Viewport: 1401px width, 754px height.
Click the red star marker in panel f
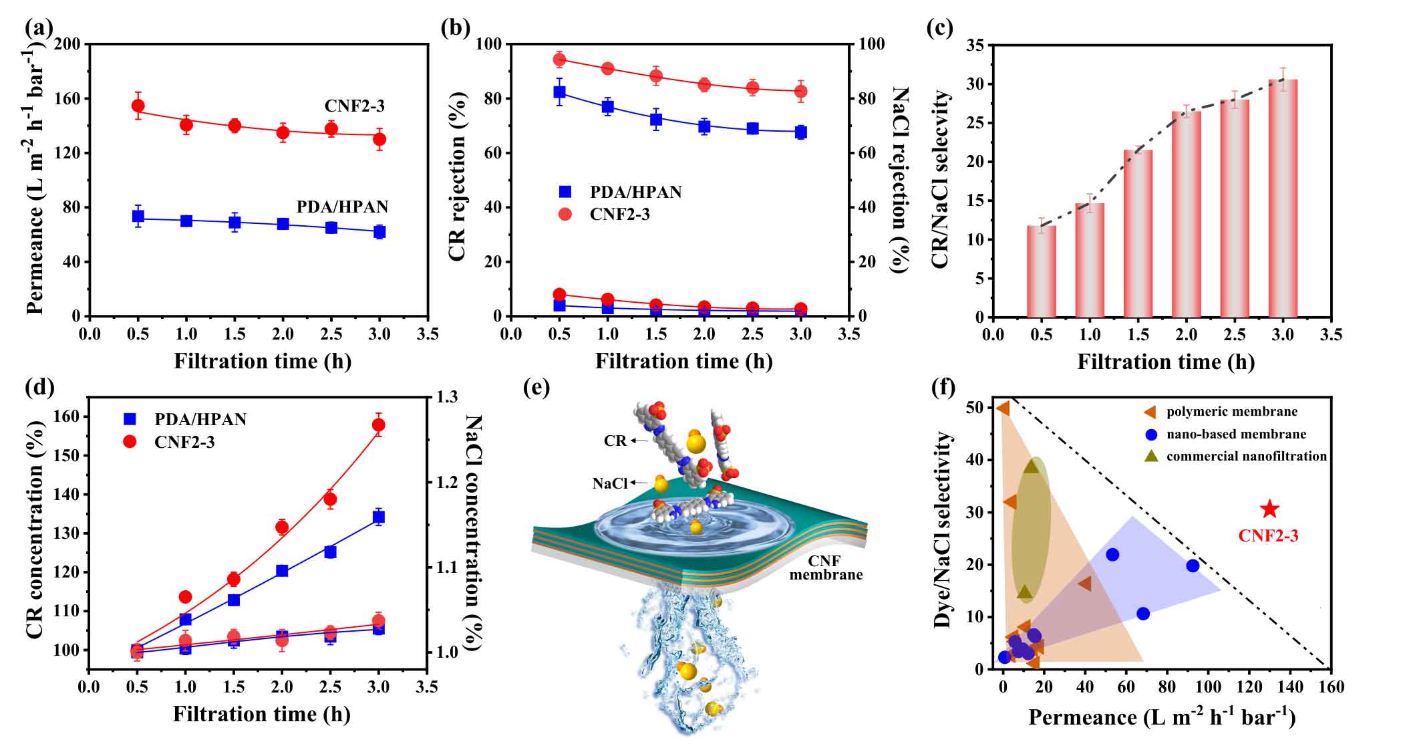(x=1269, y=510)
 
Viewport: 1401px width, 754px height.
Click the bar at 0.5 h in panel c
(x=1041, y=271)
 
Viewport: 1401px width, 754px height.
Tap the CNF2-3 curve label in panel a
(x=355, y=106)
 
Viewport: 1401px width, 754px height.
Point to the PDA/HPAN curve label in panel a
(x=342, y=207)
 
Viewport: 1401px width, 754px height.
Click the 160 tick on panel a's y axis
(x=69, y=99)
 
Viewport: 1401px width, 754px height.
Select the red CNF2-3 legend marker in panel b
(x=565, y=214)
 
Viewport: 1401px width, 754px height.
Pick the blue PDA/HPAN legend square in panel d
(x=130, y=420)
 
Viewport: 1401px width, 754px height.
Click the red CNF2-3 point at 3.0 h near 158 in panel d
(x=378, y=424)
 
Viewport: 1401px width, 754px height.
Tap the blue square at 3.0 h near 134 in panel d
(x=378, y=517)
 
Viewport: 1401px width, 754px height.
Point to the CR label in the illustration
(x=615, y=441)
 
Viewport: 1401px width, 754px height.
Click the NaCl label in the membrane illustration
(x=609, y=483)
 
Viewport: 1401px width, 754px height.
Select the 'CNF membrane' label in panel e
(x=826, y=568)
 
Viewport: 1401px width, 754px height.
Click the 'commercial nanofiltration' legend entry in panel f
(x=1246, y=457)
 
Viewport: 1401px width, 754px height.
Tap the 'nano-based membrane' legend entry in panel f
(x=1235, y=434)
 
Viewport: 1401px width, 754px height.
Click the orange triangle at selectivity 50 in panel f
(x=1003, y=408)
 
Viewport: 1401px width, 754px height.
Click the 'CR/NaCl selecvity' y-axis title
(x=940, y=180)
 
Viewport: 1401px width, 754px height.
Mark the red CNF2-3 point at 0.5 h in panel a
(x=138, y=106)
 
